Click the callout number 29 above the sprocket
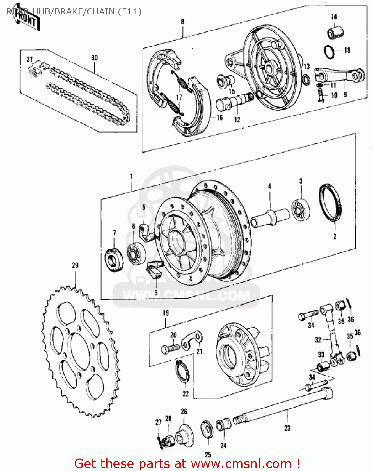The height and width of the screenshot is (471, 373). click(75, 265)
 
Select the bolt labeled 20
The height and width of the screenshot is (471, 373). click(170, 348)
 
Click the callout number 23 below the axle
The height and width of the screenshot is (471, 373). click(287, 428)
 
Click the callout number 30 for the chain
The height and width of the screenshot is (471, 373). click(94, 58)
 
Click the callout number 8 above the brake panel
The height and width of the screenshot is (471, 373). click(182, 22)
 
